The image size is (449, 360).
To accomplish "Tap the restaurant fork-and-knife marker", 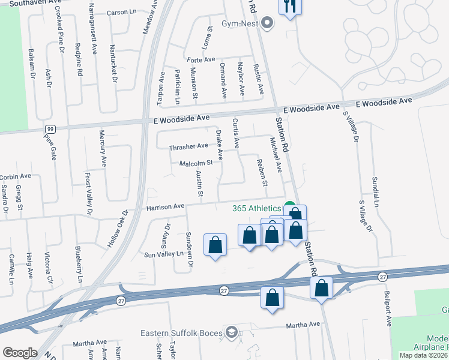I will [x=290, y=7].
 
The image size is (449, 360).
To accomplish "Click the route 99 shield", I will [x=50, y=129].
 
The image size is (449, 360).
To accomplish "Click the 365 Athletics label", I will [x=257, y=208].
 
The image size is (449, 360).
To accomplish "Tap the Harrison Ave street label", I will [x=165, y=206].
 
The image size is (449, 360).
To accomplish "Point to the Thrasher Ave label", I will [x=188, y=146].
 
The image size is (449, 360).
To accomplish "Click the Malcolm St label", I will [x=196, y=163].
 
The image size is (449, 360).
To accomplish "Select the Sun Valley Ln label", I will [x=163, y=254].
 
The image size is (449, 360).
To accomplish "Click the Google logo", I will [x=20, y=353].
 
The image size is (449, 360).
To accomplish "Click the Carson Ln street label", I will [x=122, y=12].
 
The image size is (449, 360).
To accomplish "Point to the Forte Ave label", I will [x=200, y=60].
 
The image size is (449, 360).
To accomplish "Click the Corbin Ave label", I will [x=16, y=176].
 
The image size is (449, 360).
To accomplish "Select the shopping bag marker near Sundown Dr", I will [x=215, y=245].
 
